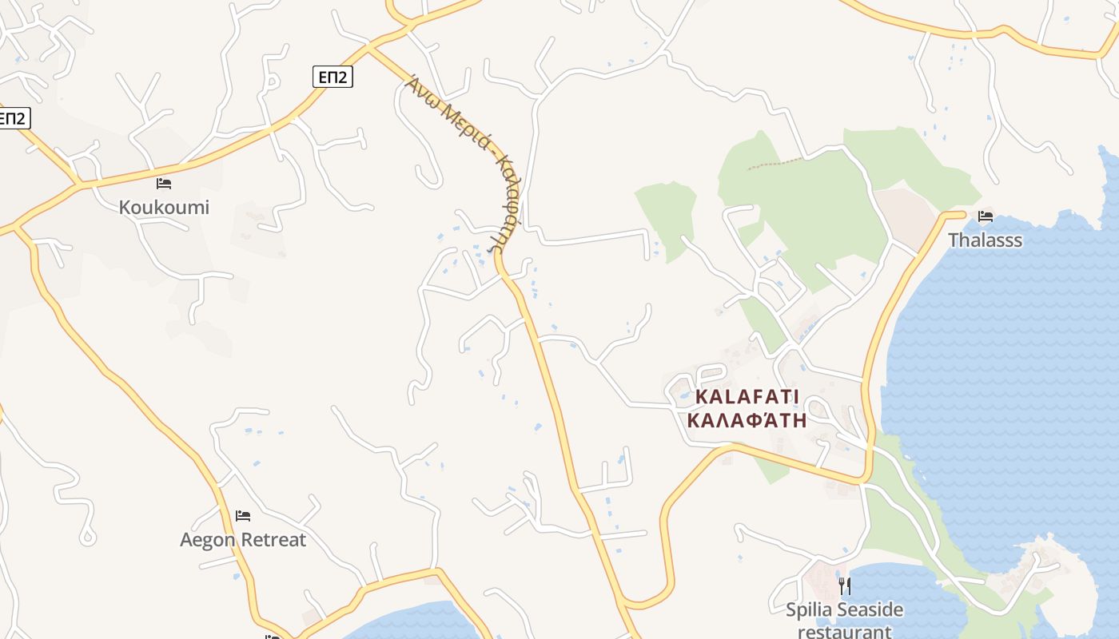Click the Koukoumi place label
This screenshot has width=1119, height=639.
click(x=164, y=208)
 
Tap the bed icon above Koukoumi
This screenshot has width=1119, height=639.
click(x=164, y=184)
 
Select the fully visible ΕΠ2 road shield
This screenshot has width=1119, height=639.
click(x=332, y=77)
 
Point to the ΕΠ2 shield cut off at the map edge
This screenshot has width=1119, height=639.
click(x=14, y=119)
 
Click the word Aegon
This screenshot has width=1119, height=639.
click(x=207, y=541)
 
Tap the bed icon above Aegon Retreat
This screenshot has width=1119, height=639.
click(x=243, y=516)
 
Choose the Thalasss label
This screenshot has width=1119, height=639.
click(x=985, y=240)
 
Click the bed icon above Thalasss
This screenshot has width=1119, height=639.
click(x=985, y=216)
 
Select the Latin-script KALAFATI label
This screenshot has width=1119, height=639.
click(x=747, y=397)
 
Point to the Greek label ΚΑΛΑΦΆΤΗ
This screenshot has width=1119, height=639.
click(x=747, y=420)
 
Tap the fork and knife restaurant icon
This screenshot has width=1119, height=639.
click(x=844, y=586)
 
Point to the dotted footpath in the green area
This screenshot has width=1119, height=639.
click(x=775, y=163)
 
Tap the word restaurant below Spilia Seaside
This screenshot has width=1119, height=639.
click(x=844, y=632)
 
